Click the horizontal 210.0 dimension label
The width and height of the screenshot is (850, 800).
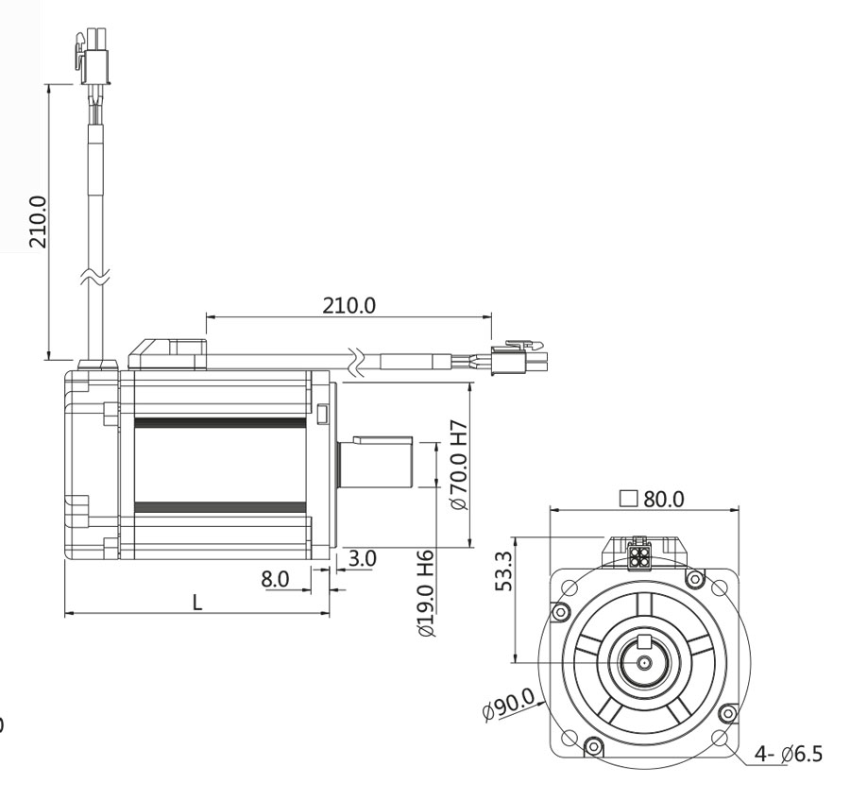pyautogui.click(x=349, y=305)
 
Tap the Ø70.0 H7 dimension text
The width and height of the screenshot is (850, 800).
pyautogui.click(x=460, y=464)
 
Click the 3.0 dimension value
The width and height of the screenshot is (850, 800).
pyautogui.click(x=362, y=558)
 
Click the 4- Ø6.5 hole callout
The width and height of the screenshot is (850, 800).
pyautogui.click(x=788, y=755)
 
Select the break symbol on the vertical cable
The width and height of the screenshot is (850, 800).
pyautogui.click(x=98, y=278)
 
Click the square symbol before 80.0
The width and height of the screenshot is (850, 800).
pyautogui.click(x=627, y=499)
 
